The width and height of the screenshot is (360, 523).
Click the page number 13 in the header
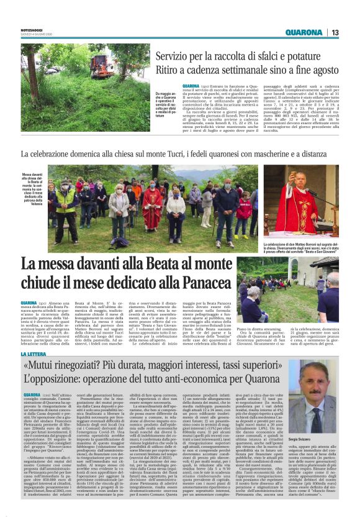click(335, 33)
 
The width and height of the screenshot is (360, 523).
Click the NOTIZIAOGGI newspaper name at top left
click(32, 30)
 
